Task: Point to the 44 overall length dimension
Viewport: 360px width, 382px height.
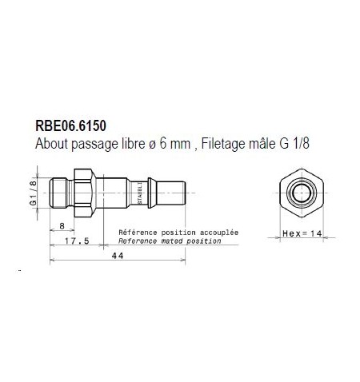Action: [x=117, y=255]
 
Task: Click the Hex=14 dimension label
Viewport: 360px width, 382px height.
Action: [x=301, y=234]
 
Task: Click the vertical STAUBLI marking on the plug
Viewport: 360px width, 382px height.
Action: [x=140, y=193]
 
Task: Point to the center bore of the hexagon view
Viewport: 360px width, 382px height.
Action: [x=301, y=193]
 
